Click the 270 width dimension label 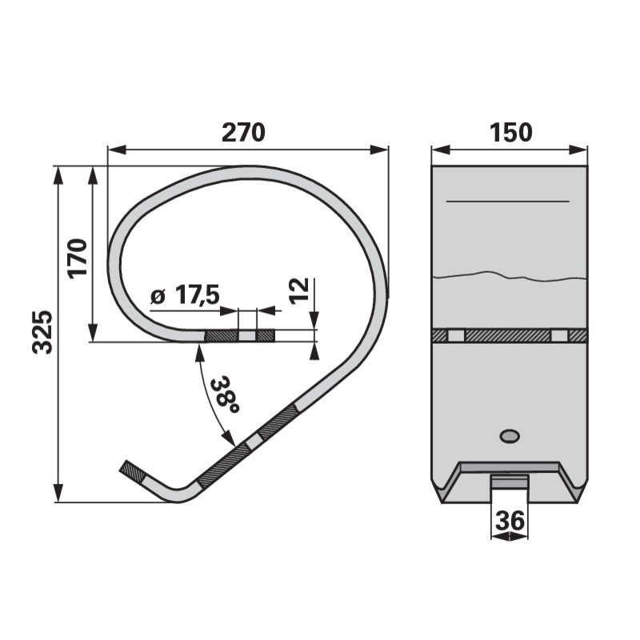[243, 132]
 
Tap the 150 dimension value [510, 132]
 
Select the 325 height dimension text [43, 332]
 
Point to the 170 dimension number [78, 258]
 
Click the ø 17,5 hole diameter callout [185, 294]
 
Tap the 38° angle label [224, 394]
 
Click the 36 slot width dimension [510, 521]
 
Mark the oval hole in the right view [510, 436]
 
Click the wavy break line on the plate [510, 276]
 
